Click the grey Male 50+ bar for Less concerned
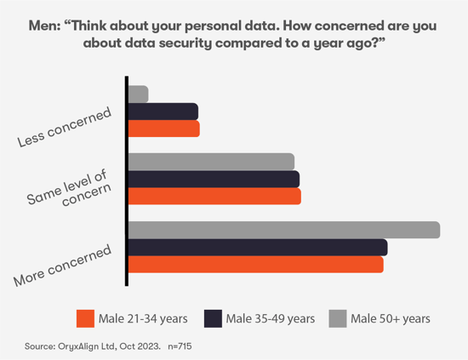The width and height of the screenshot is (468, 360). (x=138, y=94)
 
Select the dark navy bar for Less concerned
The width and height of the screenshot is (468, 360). (x=163, y=111)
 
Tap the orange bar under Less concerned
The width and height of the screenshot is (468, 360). (x=163, y=129)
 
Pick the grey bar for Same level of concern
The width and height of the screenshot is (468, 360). (x=211, y=162)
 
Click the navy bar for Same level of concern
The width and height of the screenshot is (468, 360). (x=214, y=179)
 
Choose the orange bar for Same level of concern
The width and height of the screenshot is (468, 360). (x=214, y=196)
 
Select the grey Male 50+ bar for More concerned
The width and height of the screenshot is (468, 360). (x=283, y=230)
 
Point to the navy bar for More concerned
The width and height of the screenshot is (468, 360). (x=257, y=247)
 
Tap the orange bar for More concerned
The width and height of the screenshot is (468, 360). (x=255, y=265)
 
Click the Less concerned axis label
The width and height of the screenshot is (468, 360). (x=65, y=129)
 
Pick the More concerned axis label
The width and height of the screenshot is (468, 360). (x=63, y=266)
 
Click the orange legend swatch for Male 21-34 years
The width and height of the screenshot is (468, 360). (x=84, y=317)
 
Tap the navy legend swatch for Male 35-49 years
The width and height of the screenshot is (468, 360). (x=214, y=317)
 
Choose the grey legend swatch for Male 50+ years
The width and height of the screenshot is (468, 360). (x=337, y=317)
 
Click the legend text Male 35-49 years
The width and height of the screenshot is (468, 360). (x=271, y=318)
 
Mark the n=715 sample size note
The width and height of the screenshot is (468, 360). (x=182, y=346)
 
